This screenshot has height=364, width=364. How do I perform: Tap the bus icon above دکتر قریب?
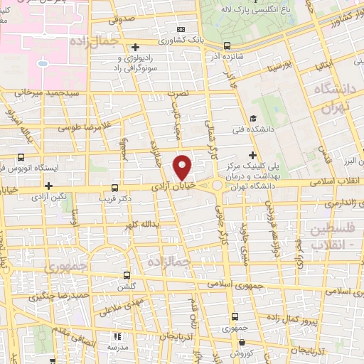[x=116, y=188]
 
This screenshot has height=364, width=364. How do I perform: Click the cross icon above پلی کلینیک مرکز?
[x=252, y=156]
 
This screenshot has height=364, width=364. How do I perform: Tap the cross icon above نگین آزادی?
[x=48, y=186]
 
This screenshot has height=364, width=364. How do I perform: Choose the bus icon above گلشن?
[x=127, y=274]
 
